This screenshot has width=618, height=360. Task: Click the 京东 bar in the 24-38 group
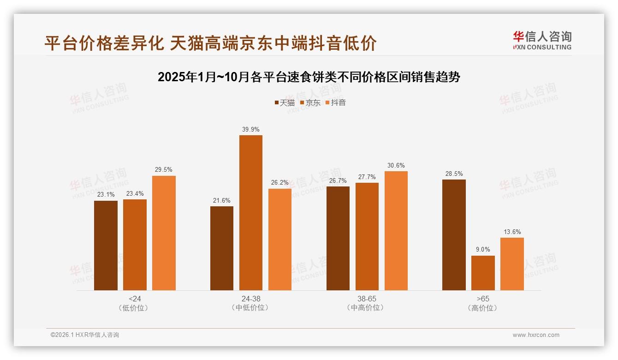point(250,213)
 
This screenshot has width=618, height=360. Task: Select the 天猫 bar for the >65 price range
point(454,235)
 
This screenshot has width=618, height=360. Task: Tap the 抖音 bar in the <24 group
point(164,233)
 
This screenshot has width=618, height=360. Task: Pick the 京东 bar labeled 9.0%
point(483,273)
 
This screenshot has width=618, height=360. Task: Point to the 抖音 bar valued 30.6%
point(396,231)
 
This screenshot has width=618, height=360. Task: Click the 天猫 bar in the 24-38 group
point(222,248)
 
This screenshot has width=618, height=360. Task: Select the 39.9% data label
point(250,130)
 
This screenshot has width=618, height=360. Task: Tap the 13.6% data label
point(512,232)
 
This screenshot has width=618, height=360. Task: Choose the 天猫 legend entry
point(285,103)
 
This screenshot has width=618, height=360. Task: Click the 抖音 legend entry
point(336,103)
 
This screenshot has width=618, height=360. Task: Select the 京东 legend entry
point(310,103)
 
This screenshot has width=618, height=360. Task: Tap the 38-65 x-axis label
point(367,299)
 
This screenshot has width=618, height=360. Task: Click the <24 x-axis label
point(135,299)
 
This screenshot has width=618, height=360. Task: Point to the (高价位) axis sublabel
point(483,308)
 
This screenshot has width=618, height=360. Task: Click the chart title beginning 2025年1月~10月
point(309,77)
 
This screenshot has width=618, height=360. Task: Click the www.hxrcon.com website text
point(536,335)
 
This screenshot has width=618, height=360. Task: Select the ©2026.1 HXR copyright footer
point(85,335)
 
